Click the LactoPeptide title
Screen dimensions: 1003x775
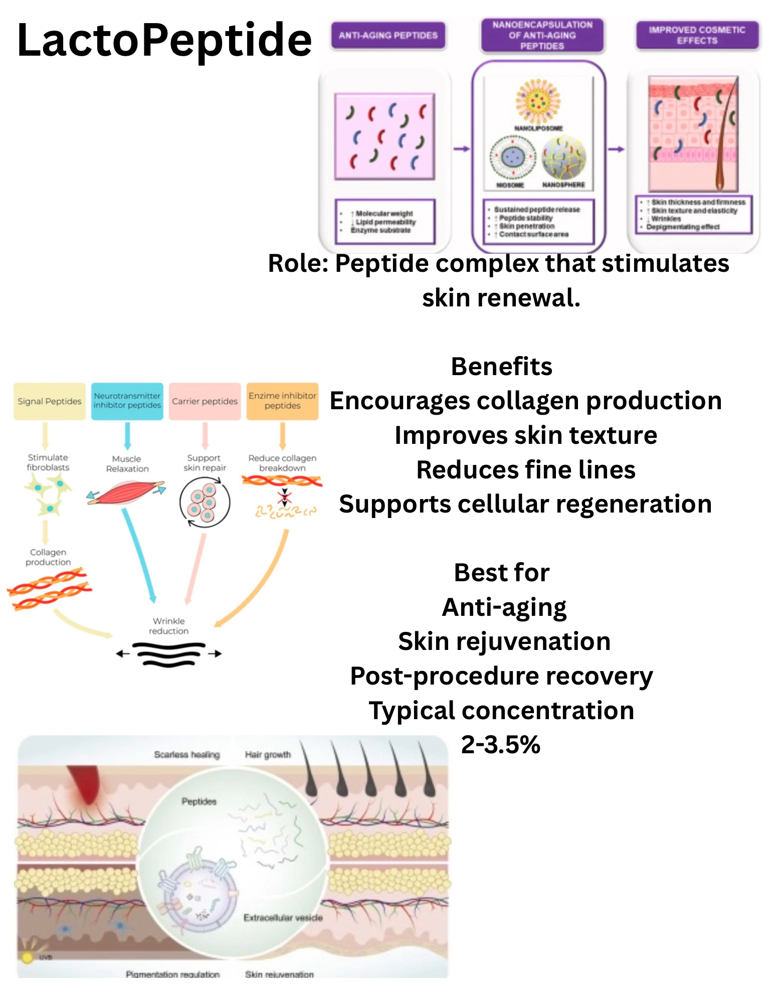pos(164,40)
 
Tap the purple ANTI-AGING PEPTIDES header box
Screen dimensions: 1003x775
pos(388,36)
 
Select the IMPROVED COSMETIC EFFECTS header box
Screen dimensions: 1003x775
pos(697,35)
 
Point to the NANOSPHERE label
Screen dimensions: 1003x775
pos(563,185)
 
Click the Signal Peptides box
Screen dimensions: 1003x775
pos(49,401)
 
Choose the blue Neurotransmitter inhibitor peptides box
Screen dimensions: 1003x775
pos(127,401)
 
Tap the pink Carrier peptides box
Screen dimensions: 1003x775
pos(205,401)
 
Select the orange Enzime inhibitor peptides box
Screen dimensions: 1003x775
pos(282,401)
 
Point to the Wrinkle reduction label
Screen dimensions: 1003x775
pos(169,626)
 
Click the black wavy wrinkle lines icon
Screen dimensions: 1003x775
pos(169,654)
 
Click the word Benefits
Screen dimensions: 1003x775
pos(501,367)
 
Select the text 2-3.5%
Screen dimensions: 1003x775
pos(500,745)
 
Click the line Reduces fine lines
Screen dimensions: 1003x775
pos(526,470)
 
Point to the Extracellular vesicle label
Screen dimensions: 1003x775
pos(283,918)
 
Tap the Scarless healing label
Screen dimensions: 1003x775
pos(187,755)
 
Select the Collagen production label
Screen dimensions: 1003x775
pos(48,557)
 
